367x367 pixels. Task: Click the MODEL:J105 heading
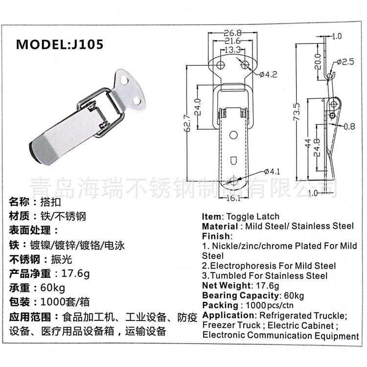(x=59, y=44)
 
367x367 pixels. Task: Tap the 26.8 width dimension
(x=232, y=33)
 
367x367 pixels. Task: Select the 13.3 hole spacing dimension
(x=232, y=49)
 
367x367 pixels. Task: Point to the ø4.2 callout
(x=268, y=74)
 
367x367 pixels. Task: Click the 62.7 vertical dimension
(x=188, y=123)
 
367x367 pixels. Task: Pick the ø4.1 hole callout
(x=272, y=172)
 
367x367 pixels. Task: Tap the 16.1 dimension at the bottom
(x=233, y=198)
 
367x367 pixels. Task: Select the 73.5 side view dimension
(x=297, y=112)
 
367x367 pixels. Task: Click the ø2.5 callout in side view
(x=345, y=62)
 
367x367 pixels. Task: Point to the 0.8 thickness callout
(x=349, y=126)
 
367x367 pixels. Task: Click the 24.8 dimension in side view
(x=317, y=147)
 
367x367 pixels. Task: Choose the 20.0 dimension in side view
(x=318, y=62)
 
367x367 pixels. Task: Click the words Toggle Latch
(x=253, y=216)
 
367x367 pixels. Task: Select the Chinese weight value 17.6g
(x=75, y=274)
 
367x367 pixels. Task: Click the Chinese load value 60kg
(x=53, y=288)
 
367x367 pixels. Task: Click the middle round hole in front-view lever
(x=233, y=135)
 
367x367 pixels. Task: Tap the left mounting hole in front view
(x=221, y=65)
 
